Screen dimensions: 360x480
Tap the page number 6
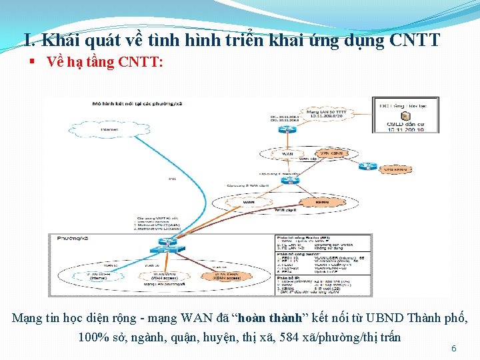point(454,349)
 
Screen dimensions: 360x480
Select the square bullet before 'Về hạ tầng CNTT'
point(32,62)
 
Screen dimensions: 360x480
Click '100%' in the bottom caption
point(91,337)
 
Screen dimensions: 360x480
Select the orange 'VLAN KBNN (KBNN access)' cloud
point(224,275)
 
